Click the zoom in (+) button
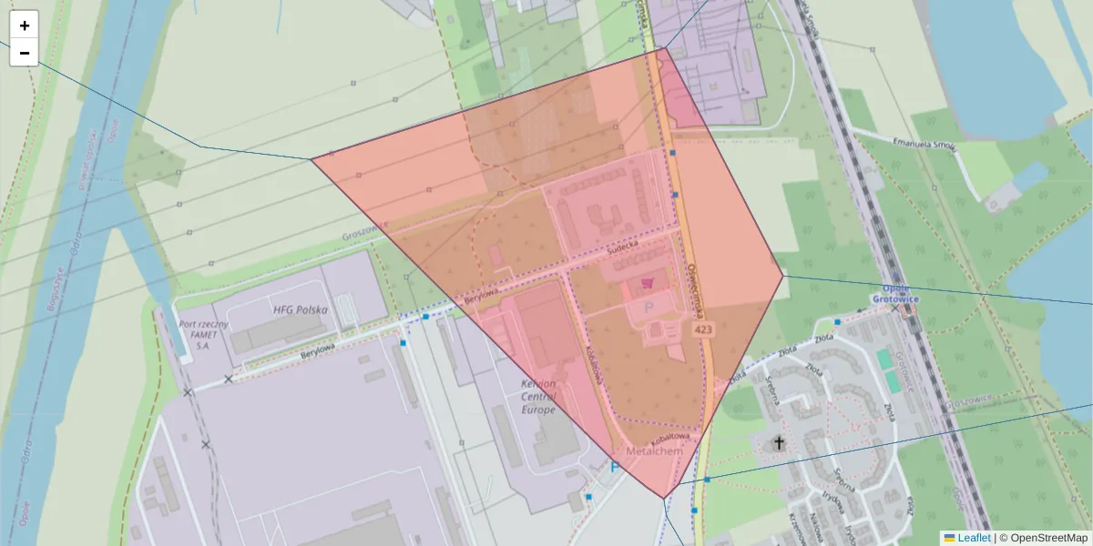[x=24, y=25]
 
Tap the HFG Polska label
[x=301, y=309]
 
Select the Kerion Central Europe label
[x=537, y=397]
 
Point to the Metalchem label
[x=654, y=451]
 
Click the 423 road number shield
[x=702, y=329]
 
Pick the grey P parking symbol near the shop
[x=649, y=308]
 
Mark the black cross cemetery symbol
[x=778, y=443]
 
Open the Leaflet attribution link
[x=973, y=538]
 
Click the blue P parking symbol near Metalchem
[x=615, y=467]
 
